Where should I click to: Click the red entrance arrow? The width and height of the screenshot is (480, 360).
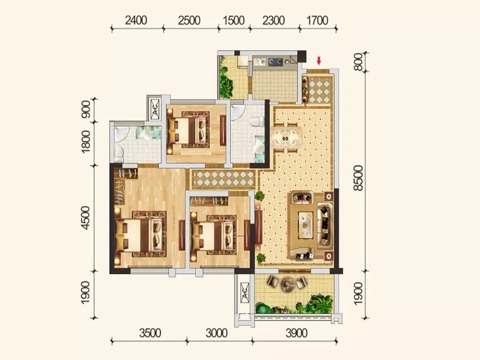[x=319, y=61]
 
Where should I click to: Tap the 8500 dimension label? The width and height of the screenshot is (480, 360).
[x=358, y=178]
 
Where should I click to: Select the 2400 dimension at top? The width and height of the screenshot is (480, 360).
[x=136, y=20]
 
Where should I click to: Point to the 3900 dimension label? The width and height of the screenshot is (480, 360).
[x=296, y=333]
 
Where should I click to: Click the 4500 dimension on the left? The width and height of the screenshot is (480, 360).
[x=86, y=218]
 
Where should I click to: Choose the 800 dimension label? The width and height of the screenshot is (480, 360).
[x=358, y=62]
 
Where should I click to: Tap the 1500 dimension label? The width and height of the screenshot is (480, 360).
[x=233, y=20]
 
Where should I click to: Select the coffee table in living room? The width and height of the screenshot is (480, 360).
[x=305, y=226]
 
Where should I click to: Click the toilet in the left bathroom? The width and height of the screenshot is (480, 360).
[x=118, y=153]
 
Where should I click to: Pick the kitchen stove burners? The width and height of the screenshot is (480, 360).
[x=275, y=62]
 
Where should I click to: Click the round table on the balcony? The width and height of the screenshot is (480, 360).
[x=287, y=283]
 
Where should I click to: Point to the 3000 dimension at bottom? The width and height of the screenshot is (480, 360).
[x=217, y=333]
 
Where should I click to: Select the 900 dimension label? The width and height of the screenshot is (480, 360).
[x=86, y=109]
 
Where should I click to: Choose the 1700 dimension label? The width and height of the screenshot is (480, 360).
[x=317, y=20]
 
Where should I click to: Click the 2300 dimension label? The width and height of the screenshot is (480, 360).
[x=274, y=20]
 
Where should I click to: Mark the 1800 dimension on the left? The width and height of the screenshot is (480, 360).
[x=86, y=142]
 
